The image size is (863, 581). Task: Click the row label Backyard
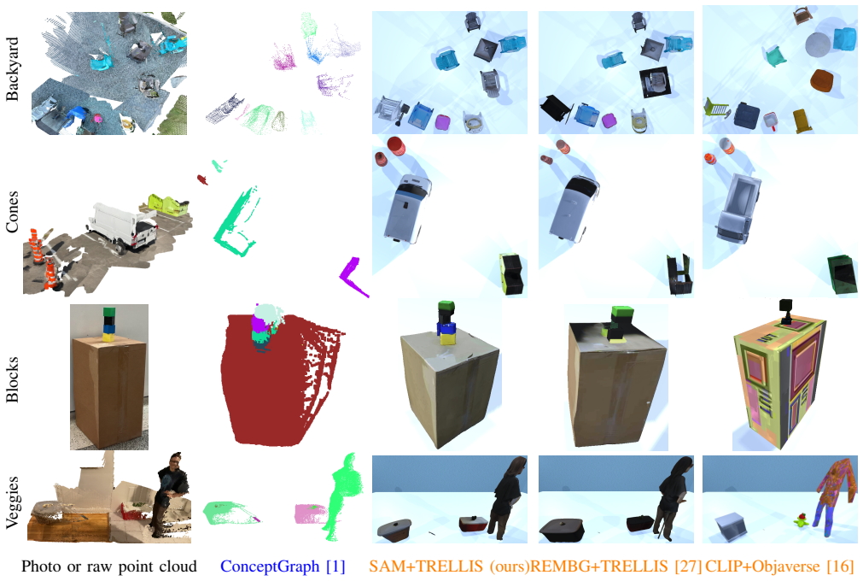point(12,69)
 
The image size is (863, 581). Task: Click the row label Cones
point(12,212)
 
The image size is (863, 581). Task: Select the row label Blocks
point(12,379)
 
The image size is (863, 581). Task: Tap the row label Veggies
point(12,502)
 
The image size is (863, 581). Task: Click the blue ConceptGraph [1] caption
point(283,566)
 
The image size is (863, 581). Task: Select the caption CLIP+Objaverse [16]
point(779,566)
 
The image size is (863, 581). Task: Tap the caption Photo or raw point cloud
point(109,566)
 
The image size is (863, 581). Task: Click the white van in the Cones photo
point(125,226)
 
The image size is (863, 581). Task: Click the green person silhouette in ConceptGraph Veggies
point(341,496)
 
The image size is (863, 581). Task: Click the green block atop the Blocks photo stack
point(109,312)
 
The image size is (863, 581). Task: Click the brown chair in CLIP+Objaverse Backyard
point(822,80)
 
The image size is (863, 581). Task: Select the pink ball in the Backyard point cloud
point(98,118)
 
